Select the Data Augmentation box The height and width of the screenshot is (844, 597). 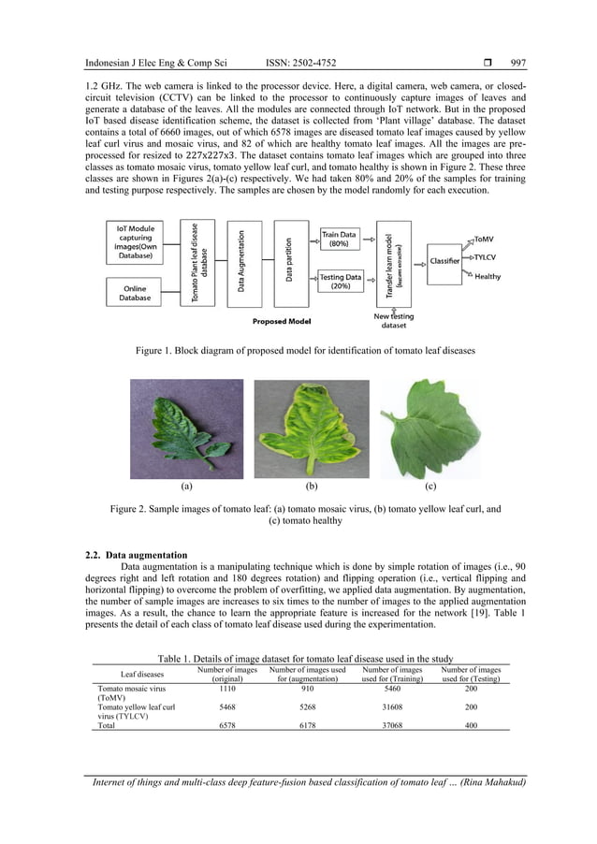pyautogui.click(x=242, y=262)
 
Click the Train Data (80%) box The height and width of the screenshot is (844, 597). pyautogui.click(x=339, y=239)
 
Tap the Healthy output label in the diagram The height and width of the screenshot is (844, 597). pyautogui.click(x=488, y=277)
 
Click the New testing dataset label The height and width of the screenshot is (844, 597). pyautogui.click(x=394, y=321)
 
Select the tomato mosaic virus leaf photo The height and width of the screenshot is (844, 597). pyautogui.click(x=186, y=428)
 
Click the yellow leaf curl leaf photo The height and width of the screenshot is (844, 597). pyautogui.click(x=311, y=428)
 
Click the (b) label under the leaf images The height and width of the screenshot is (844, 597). pyautogui.click(x=311, y=487)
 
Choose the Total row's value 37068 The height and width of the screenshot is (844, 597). pyautogui.click(x=392, y=724)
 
